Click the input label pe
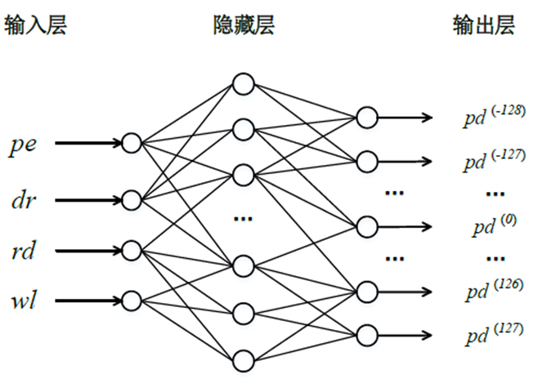point(22,145)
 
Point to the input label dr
point(22,198)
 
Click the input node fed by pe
point(131,144)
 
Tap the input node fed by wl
point(131,300)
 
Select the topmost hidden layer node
point(242,83)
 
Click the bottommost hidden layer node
point(242,359)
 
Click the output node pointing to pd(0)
point(367,225)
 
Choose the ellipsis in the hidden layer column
point(243,219)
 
